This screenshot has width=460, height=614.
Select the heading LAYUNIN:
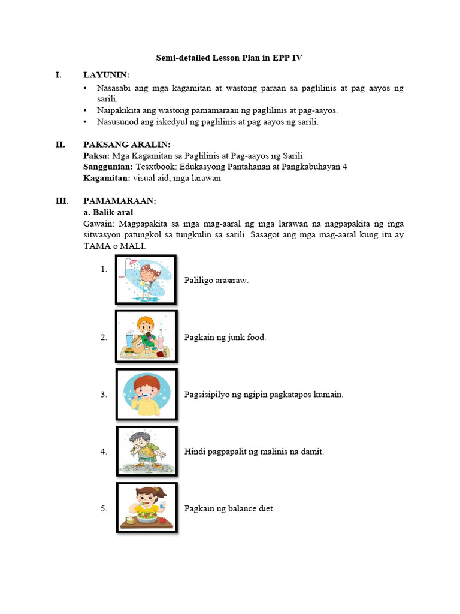coord(107,75)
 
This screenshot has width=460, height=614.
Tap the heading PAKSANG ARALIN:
coord(126,145)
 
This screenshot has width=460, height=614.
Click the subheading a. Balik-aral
coord(108,212)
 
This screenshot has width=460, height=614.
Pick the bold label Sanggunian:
coord(108,167)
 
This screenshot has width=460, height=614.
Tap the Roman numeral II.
coord(60,145)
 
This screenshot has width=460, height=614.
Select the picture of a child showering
coord(146,279)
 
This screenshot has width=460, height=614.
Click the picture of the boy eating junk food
coord(146,336)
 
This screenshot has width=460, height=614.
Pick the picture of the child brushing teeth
coord(146,394)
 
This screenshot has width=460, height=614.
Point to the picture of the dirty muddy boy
coord(146,450)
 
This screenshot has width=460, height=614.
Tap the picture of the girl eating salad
coord(146,508)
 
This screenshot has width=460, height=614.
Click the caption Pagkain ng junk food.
coord(225,338)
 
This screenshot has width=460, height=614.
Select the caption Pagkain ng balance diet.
coord(229,508)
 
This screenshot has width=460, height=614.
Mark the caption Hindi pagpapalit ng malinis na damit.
coord(254,452)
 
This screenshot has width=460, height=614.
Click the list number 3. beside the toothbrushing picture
coord(104,395)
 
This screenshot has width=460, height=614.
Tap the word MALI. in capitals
coord(134,246)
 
